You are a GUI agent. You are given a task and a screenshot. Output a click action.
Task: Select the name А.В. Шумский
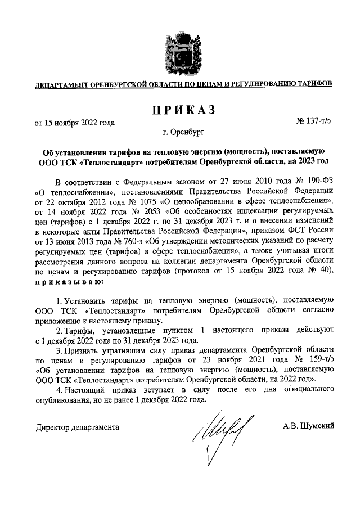[309, 426]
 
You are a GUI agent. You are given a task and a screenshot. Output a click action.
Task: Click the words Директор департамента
[77, 427]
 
